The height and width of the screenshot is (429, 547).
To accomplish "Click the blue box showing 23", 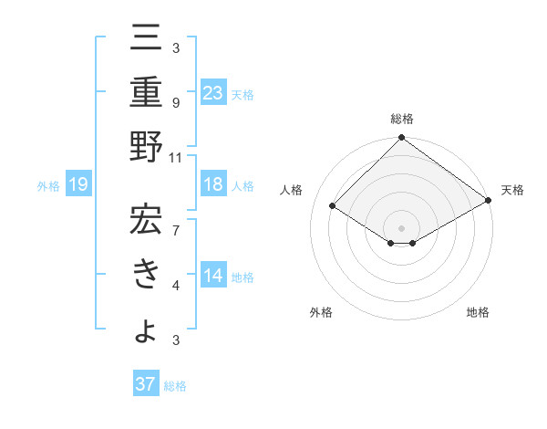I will click(213, 92).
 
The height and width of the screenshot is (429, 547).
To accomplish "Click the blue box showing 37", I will click(146, 384).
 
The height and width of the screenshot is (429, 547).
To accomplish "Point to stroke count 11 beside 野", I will click(177, 157).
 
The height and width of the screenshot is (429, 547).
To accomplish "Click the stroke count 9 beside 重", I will click(176, 103).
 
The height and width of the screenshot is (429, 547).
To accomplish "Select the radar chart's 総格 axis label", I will click(401, 120).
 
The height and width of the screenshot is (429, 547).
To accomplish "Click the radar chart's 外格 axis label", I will click(321, 313).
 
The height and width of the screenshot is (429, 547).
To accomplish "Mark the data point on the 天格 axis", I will click(488, 202).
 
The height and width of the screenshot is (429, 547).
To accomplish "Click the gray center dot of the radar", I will click(401, 227).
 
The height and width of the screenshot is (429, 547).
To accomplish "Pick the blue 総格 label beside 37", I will click(176, 386).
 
